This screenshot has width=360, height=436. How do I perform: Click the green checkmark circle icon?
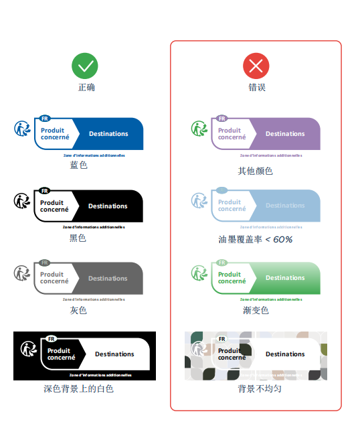click(85, 66)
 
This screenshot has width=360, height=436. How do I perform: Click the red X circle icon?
click(256, 66)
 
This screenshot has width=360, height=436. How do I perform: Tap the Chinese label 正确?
click(86, 88)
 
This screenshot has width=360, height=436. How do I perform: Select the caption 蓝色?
click(79, 165)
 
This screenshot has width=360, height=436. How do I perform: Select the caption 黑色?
click(78, 238)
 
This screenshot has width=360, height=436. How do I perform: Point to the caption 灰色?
click(78, 310)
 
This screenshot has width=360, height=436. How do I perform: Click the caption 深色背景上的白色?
click(79, 388)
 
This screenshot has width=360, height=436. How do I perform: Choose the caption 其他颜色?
click(256, 171)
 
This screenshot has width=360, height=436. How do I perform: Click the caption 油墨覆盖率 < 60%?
click(256, 239)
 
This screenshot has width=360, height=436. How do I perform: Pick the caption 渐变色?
click(256, 310)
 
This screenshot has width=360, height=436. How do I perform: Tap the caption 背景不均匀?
click(256, 388)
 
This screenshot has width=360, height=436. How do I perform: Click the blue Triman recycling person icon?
click(23, 128)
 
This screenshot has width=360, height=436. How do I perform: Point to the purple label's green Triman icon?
click(199, 128)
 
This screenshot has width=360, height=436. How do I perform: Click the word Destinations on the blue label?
click(108, 134)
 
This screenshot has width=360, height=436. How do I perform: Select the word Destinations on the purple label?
click(285, 134)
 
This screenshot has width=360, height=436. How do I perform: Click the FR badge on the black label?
click(44, 191)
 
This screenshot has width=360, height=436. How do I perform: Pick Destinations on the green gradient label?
click(285, 278)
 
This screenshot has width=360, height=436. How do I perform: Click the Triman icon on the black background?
click(29, 348)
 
